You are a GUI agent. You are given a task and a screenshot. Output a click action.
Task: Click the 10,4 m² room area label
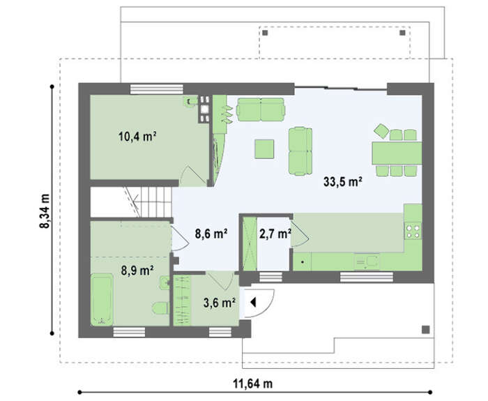coord(137,137)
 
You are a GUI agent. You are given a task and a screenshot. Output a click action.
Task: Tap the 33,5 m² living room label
coord(343,181)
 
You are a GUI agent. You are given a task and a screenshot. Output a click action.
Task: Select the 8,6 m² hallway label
coord(211,234)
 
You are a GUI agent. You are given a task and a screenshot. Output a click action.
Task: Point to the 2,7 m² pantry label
coord(275,234)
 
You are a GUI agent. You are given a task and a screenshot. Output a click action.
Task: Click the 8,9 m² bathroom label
coord(137,271)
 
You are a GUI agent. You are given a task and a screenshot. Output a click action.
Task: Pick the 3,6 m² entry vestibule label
coord(219,302)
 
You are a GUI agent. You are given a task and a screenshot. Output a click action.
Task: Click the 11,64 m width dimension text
coord(252,384)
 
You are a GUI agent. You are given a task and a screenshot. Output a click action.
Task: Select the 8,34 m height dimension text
coord(45,211)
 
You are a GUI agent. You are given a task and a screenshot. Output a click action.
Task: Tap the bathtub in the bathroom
coord(102,299)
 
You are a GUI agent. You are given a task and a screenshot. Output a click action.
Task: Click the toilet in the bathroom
coord(160,308)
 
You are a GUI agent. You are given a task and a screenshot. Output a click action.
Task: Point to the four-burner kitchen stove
coord(413,231)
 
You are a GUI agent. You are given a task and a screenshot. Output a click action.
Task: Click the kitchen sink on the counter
coord(367,262)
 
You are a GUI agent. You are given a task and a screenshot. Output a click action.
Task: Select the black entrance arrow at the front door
coord(253,302)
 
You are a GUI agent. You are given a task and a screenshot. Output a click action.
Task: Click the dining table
coord(397,153)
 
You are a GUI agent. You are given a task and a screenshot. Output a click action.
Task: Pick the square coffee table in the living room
coord(264,149)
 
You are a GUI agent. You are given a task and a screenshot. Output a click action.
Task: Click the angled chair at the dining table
coord(381,131)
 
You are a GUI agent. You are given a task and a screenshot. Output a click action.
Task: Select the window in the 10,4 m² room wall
coord(157,89)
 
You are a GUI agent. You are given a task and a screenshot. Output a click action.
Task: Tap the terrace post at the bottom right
coord(425,329)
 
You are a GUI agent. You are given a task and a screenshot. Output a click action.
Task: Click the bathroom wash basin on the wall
coord(164,282)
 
